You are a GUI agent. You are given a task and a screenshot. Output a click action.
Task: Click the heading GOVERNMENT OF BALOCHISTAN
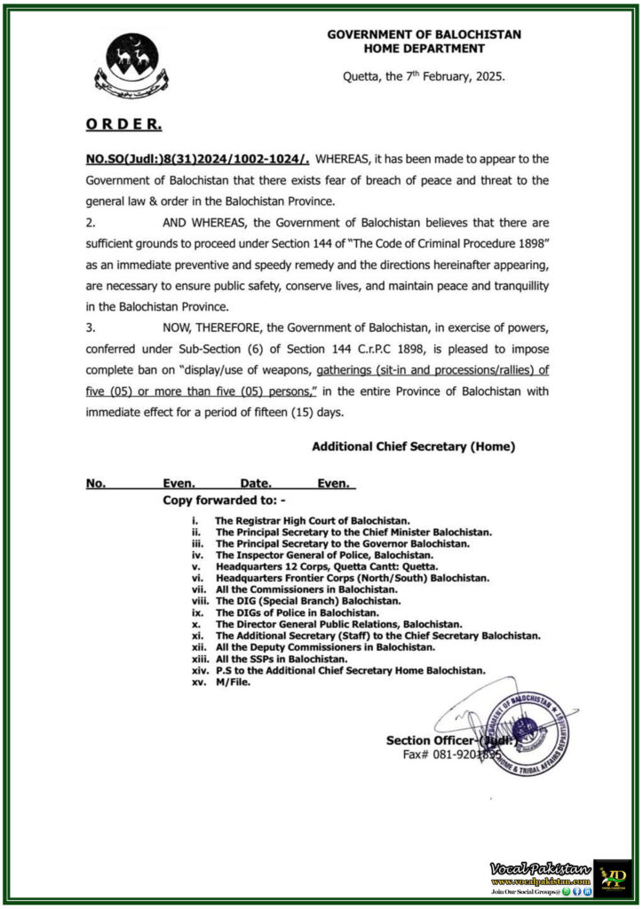tap(424, 35)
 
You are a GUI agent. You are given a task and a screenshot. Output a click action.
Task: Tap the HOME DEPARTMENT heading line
tap(424, 49)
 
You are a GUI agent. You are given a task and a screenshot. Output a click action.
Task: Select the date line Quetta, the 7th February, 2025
tap(424, 77)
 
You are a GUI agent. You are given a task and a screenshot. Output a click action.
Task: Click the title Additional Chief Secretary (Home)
tap(413, 447)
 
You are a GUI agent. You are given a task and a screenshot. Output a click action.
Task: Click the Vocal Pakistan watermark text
tap(539, 866)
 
